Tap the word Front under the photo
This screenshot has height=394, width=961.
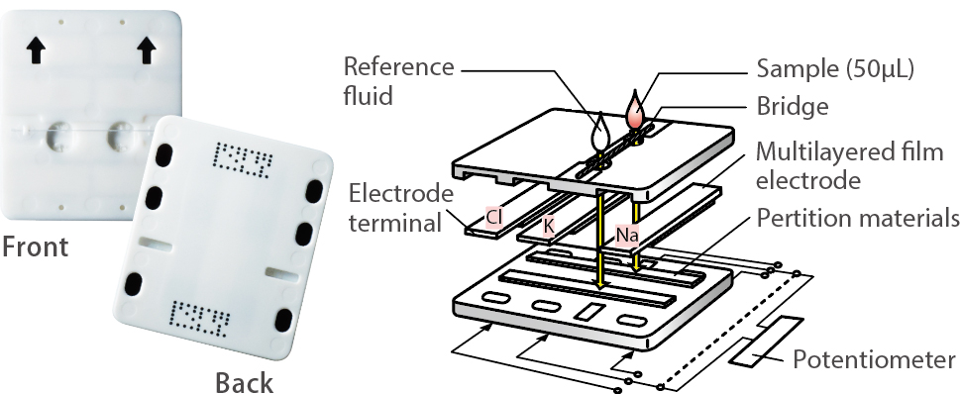pyautogui.click(x=35, y=246)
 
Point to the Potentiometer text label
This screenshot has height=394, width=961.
pyautogui.click(x=875, y=359)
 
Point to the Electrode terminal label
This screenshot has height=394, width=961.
pyautogui.click(x=397, y=208)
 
